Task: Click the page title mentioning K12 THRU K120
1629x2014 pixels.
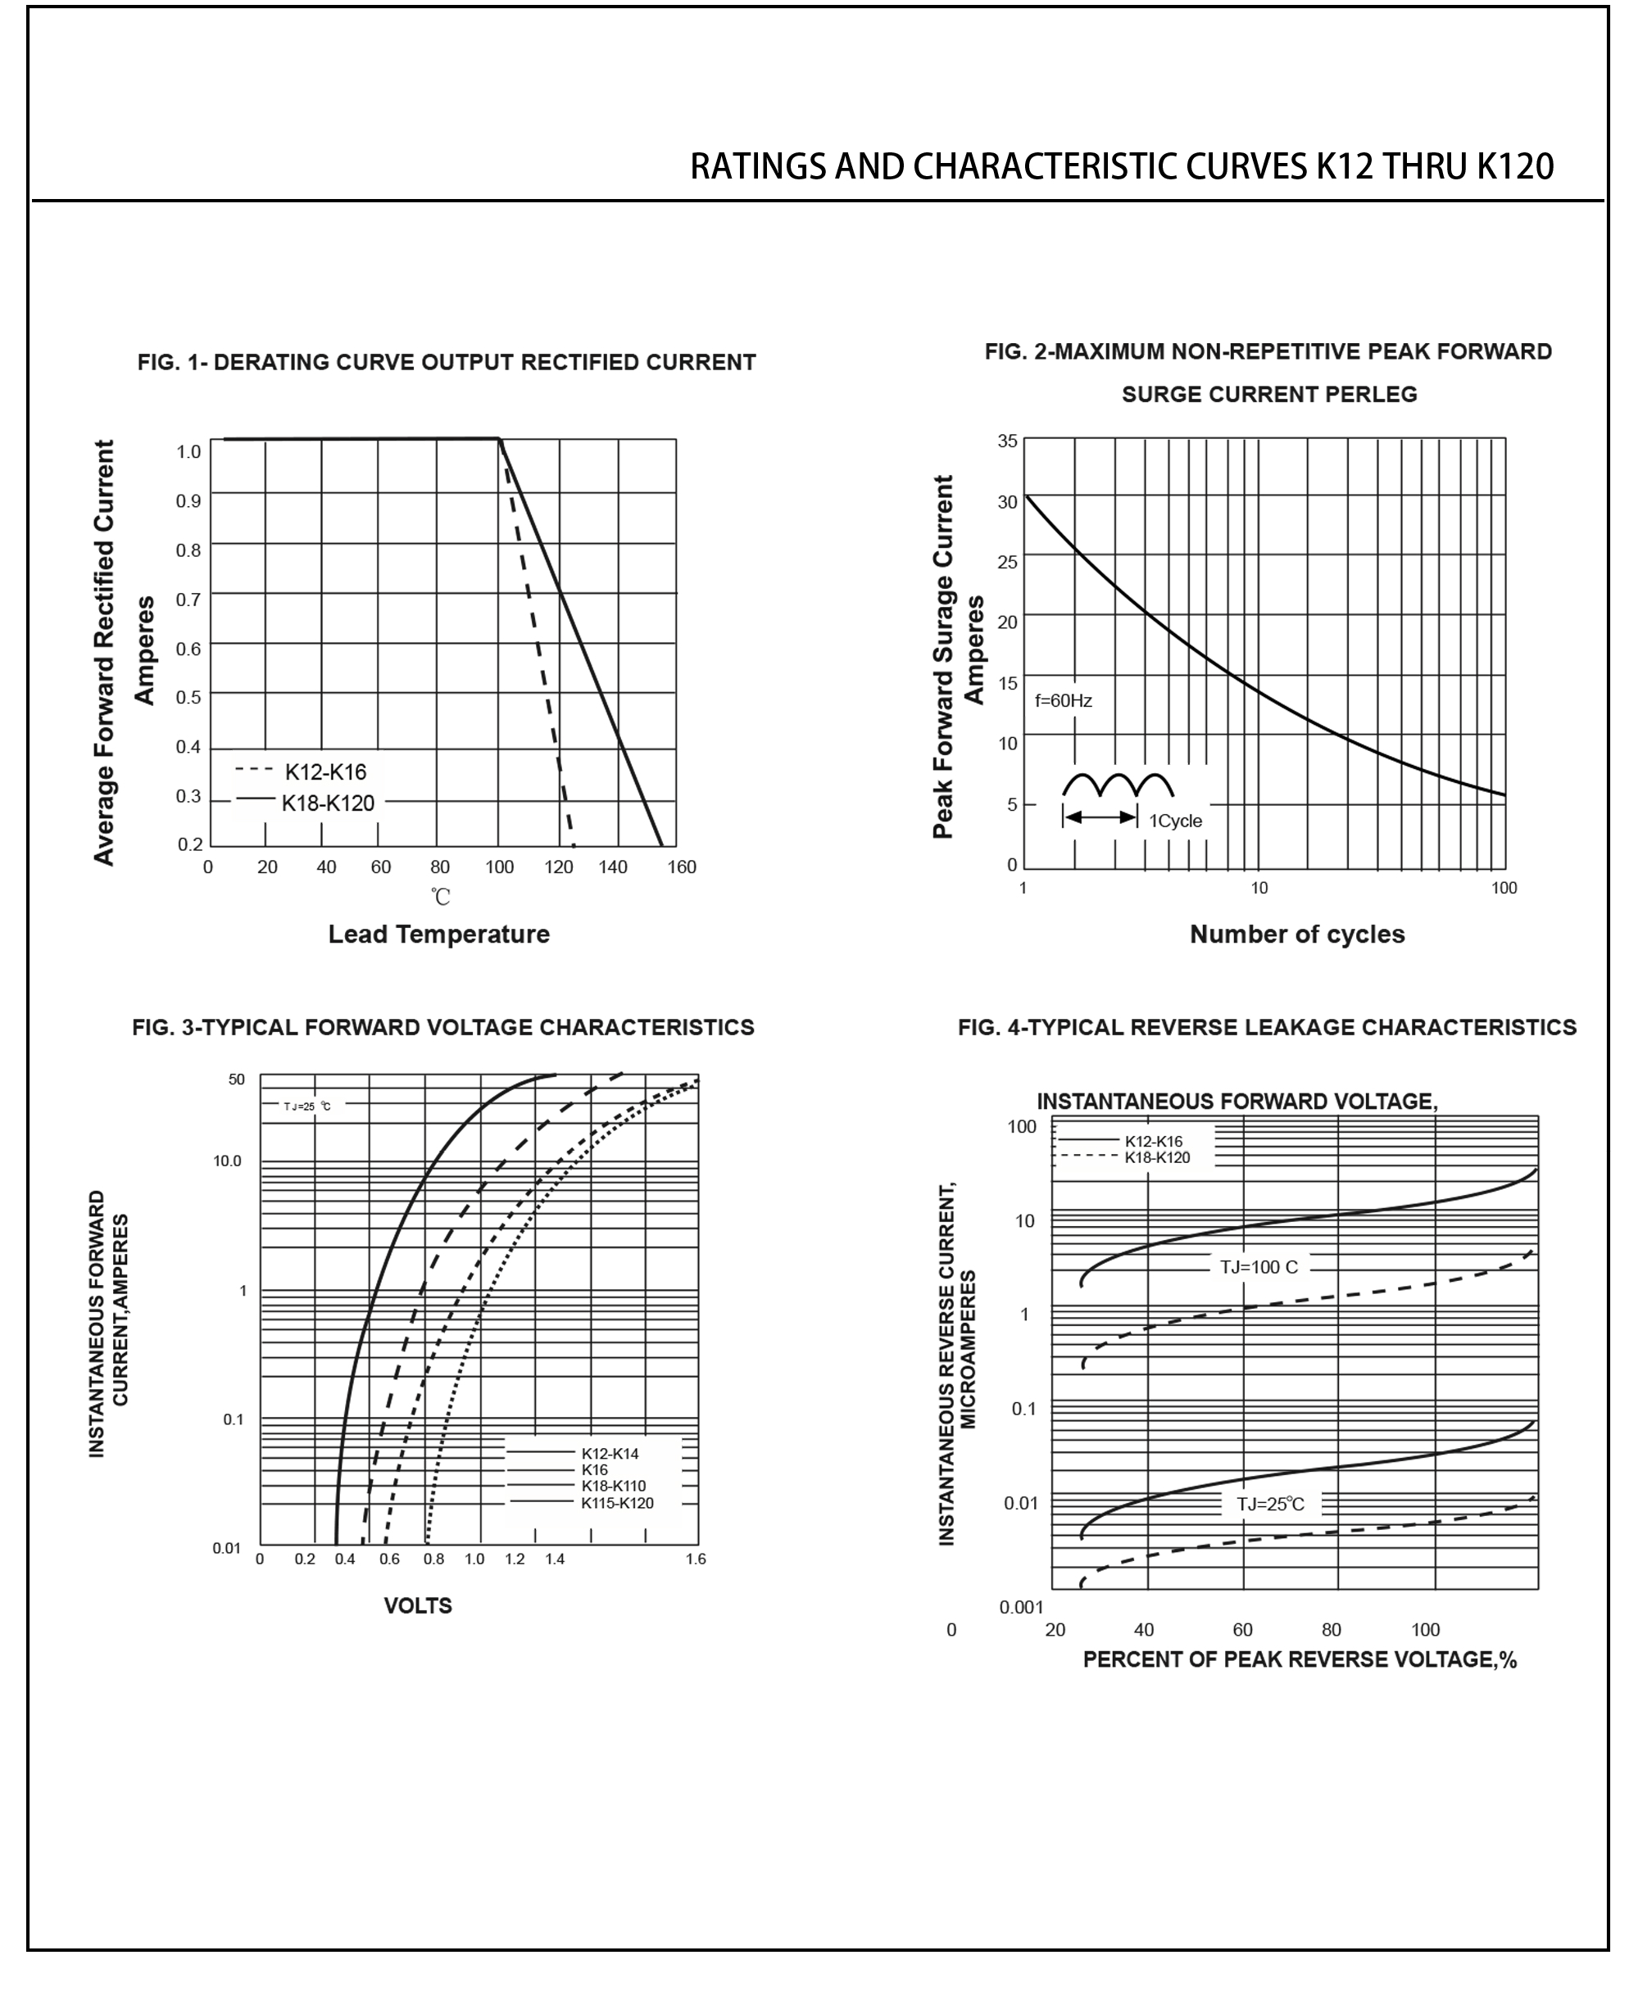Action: tap(1121, 167)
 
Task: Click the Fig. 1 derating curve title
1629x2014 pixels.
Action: tap(447, 363)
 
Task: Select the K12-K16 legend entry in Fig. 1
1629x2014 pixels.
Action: tap(324, 772)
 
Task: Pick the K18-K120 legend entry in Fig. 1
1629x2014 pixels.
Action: tap(328, 803)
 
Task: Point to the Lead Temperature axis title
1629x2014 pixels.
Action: tap(438, 935)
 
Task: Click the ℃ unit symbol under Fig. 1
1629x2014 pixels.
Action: tap(441, 897)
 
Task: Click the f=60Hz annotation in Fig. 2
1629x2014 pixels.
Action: tap(1063, 701)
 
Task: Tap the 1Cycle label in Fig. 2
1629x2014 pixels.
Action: tap(1175, 821)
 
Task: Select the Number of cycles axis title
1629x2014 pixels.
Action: tap(1297, 935)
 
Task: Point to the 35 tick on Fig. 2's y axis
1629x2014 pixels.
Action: tap(1007, 441)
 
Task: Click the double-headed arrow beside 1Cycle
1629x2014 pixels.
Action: tap(1100, 817)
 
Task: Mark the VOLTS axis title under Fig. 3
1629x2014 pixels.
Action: tap(418, 1606)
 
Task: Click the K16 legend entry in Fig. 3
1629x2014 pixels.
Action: tap(594, 1470)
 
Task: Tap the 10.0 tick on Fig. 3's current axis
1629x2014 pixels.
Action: tap(227, 1161)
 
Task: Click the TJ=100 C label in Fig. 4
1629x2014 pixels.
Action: tap(1259, 1267)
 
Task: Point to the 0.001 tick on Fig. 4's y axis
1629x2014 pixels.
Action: tap(1021, 1608)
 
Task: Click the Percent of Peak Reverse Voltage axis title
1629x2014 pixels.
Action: tap(1300, 1659)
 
